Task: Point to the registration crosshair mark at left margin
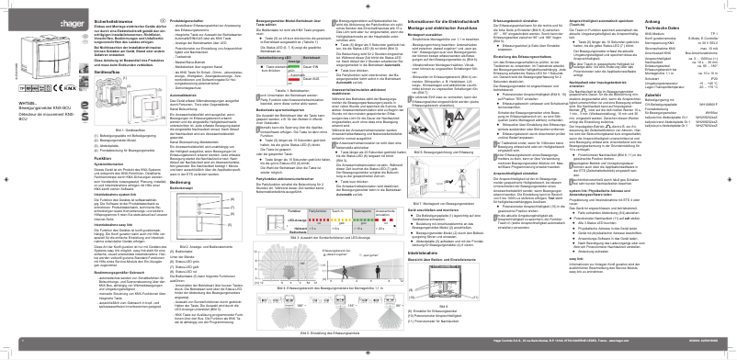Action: coord(6,180)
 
